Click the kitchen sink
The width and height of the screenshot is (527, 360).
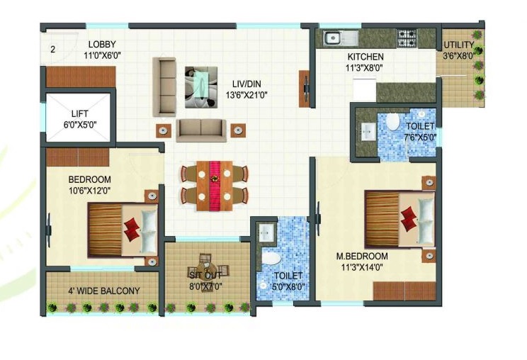tap(341, 38)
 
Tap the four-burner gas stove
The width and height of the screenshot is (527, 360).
tap(407, 38)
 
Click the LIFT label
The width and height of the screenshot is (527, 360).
tap(79, 113)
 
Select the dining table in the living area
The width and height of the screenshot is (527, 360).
tap(215, 186)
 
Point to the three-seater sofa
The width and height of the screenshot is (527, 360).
tap(164, 87)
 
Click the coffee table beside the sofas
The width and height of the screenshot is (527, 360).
tap(201, 87)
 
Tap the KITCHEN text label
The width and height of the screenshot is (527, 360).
tap(365, 57)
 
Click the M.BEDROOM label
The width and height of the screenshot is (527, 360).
tap(362, 256)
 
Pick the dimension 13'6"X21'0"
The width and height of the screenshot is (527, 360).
tap(246, 96)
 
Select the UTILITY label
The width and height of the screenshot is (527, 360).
tap(459, 45)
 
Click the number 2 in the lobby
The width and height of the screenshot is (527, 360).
tap(52, 50)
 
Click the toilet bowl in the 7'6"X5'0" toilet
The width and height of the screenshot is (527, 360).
tap(392, 122)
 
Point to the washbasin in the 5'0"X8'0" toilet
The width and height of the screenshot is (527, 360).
tap(266, 230)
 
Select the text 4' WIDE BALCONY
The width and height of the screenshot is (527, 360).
tap(104, 291)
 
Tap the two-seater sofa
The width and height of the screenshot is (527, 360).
tap(201, 130)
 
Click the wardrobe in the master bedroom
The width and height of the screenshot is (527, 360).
tap(404, 291)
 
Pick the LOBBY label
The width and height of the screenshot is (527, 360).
tap(102, 44)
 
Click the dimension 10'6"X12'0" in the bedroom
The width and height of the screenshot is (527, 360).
tap(90, 191)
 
